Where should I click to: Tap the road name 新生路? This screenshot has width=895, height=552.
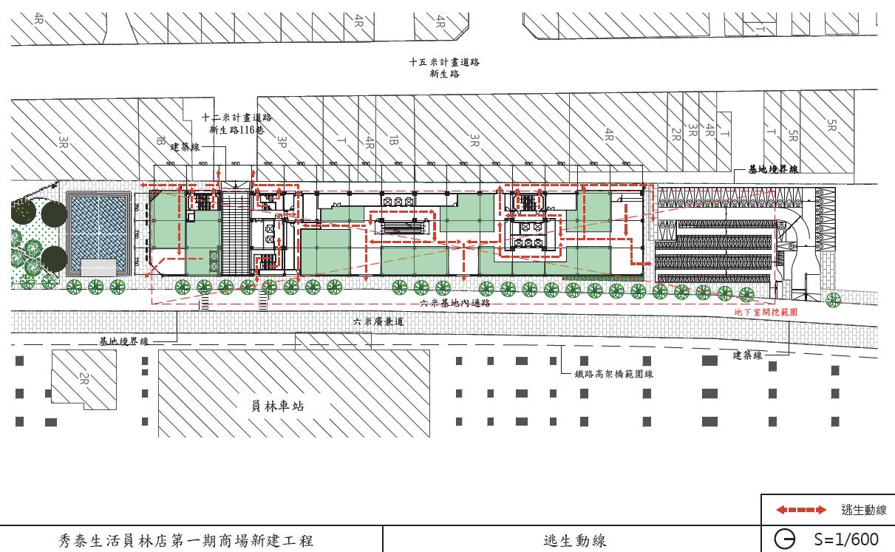click(444, 73)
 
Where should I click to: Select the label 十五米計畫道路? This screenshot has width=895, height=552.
click(444, 62)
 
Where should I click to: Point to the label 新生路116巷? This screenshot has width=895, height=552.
click(236, 129)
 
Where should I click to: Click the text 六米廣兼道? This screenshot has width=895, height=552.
click(378, 321)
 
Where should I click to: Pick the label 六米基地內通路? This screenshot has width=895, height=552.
click(455, 303)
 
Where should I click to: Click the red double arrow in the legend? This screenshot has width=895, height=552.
click(800, 510)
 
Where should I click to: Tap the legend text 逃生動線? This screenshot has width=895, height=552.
click(863, 510)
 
